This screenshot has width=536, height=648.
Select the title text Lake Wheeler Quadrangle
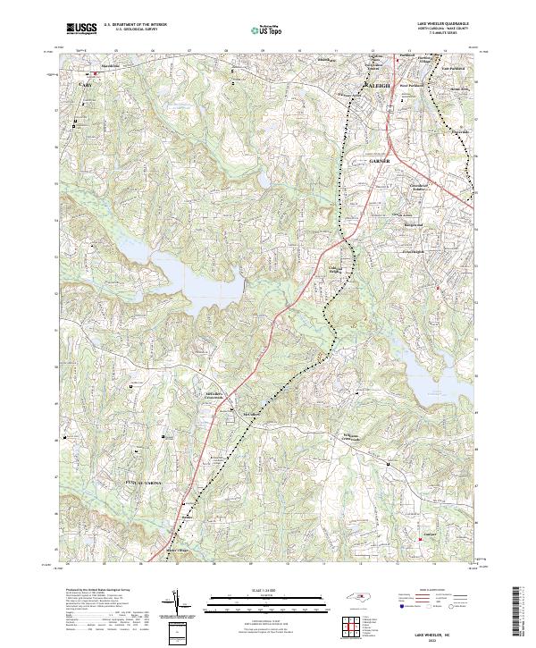click(442, 24)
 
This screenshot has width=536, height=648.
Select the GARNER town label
click(380, 160)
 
